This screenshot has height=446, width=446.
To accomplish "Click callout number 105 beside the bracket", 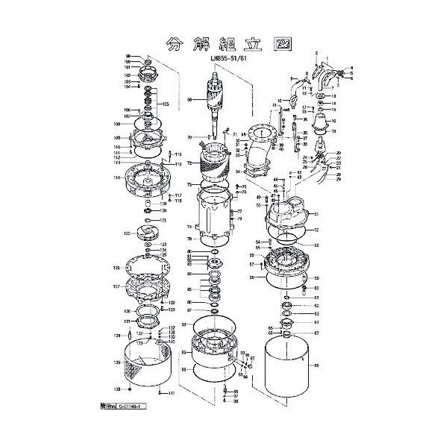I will tap(166, 104).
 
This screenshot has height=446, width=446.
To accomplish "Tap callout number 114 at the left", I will tap(117, 178).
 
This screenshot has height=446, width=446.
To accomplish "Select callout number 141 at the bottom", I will tap(172, 393).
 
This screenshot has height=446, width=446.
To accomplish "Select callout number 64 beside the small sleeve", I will tap(315, 322).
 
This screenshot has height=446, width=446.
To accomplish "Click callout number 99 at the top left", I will tap(128, 56).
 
